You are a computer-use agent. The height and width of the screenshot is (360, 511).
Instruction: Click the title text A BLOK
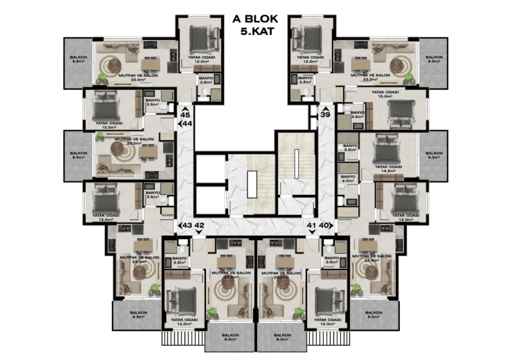point(255,19)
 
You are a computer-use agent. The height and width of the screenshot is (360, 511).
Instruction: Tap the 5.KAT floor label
point(257,31)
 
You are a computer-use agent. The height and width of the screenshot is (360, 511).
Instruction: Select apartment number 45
point(185,115)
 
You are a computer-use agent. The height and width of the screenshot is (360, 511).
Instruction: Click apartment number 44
point(187,124)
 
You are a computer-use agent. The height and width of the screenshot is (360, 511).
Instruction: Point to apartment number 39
point(325,114)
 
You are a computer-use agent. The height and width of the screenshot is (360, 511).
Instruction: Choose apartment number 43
point(187,225)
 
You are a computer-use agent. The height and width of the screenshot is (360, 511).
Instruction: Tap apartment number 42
point(199,225)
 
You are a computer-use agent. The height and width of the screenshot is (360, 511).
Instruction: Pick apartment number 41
point(311,225)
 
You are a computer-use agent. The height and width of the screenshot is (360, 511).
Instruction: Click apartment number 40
point(323,225)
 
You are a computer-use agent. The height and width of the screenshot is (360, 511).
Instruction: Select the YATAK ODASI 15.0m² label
point(385,94)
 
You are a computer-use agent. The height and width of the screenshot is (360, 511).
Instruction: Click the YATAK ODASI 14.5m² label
point(388,169)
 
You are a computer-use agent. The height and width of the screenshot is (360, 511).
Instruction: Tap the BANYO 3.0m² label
point(350,148)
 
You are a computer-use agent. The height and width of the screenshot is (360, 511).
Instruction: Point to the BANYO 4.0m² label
point(348,179)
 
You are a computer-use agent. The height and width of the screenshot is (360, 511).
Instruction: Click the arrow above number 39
point(325,109)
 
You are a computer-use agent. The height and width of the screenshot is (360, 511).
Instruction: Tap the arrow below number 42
point(199,232)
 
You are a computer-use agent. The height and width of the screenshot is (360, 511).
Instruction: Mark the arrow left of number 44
point(180,124)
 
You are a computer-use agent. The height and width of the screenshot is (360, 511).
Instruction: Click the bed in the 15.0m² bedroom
point(401,114)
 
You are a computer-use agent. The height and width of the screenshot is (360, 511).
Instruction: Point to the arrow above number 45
point(185,109)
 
